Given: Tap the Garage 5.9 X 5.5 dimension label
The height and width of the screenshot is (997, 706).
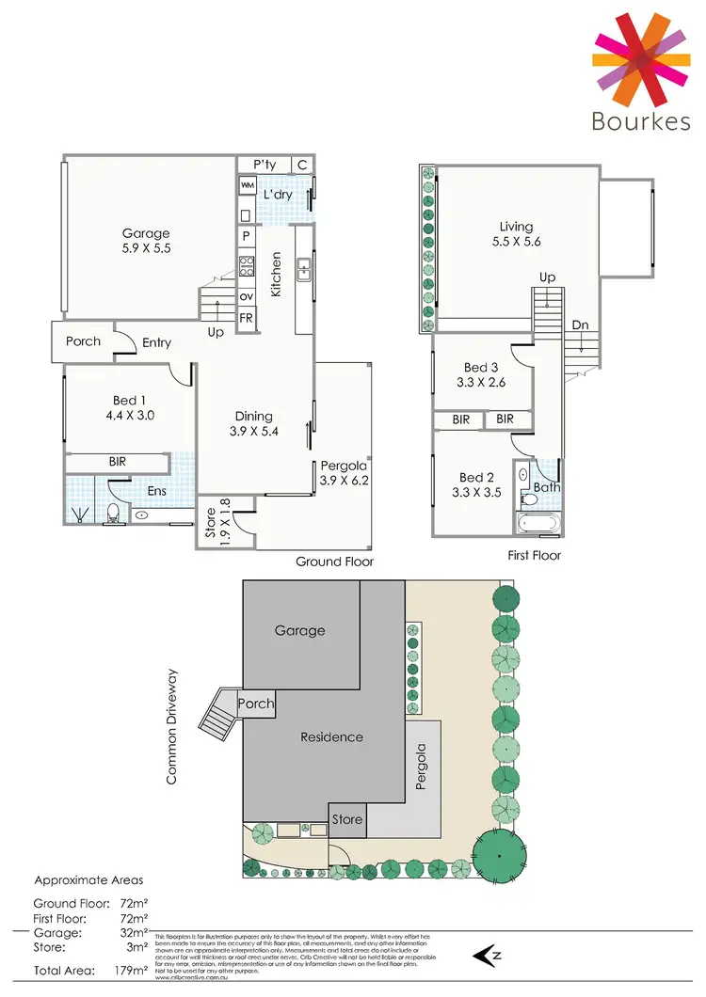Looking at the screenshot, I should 145,249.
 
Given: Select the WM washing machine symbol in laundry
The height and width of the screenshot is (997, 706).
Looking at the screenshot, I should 247,187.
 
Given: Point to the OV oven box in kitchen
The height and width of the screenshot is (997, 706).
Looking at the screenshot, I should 247,297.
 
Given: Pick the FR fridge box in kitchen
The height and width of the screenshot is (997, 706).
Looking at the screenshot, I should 247,318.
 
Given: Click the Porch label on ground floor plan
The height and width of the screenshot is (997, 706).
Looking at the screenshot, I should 83,340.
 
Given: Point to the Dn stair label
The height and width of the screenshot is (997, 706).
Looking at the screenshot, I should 580,324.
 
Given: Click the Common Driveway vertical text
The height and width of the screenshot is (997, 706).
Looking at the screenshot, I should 172,727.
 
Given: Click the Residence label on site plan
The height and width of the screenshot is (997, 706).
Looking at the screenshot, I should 331,736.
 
